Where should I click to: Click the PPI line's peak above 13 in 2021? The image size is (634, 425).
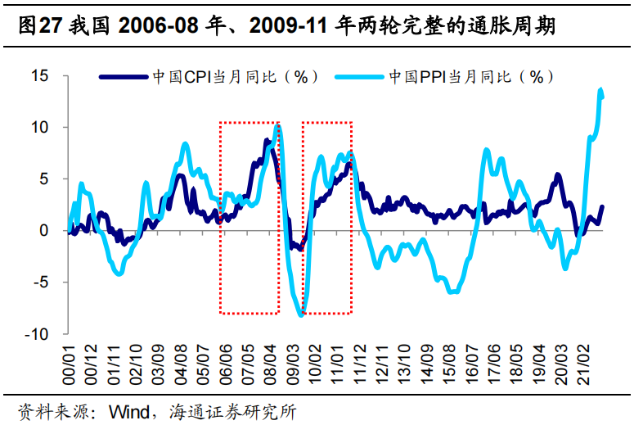(x=601, y=89)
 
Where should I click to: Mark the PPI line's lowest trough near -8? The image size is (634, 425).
(x=301, y=314)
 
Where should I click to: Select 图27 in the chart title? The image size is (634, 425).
(x=34, y=26)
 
